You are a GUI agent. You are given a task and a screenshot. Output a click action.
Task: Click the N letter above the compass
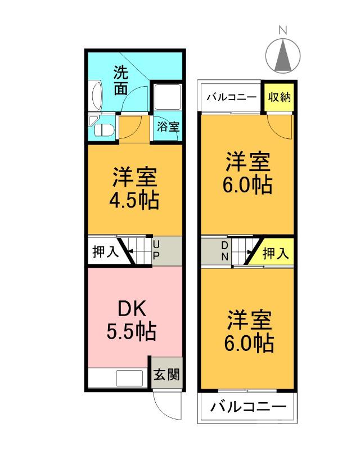(283, 31)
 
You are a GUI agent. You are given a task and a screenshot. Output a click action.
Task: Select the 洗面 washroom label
(120, 80)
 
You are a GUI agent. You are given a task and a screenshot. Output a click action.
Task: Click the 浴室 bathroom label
(168, 127)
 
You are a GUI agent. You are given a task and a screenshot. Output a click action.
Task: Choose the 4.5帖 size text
(134, 200)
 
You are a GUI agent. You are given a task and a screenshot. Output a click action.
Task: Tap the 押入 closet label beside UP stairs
(105, 251)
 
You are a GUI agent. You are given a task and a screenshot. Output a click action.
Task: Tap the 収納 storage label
(279, 97)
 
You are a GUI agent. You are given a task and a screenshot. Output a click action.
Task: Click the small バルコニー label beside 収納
(231, 97)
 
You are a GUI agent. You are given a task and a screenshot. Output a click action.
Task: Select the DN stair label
(224, 251)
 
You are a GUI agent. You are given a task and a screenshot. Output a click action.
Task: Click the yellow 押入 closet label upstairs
(276, 254)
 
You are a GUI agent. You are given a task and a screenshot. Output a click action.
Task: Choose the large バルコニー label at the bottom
(248, 407)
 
